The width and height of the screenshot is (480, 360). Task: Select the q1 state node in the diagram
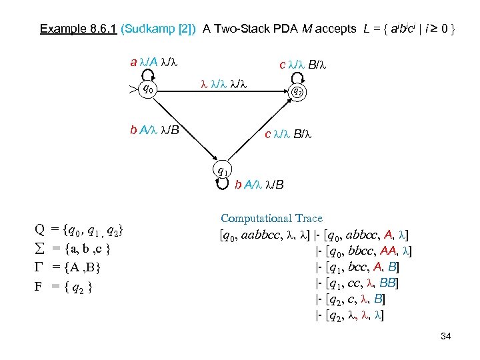click(223, 171)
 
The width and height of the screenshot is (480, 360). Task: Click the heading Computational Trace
click(271, 218)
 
